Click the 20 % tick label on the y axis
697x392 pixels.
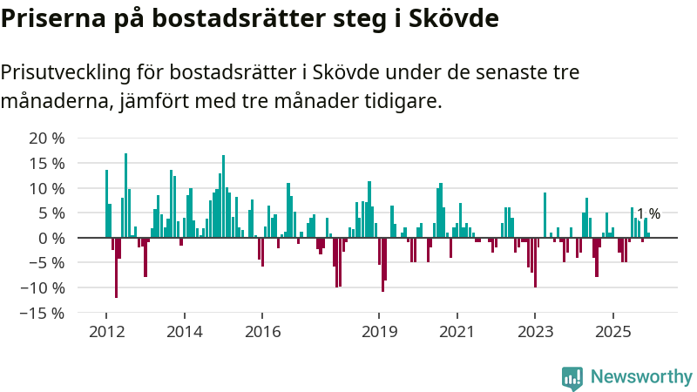point(47,139)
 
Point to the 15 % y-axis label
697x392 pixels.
point(47,164)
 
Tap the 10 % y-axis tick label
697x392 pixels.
point(47,188)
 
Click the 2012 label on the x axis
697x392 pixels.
point(105,332)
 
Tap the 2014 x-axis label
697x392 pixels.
point(184,332)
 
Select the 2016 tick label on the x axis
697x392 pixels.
point(262,332)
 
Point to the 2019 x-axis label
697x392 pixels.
point(379,332)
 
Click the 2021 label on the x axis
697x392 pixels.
point(457,332)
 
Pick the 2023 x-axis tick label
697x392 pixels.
point(535,332)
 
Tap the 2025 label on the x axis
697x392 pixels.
point(612,332)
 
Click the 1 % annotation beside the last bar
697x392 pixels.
point(648,214)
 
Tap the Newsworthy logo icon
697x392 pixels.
point(572,377)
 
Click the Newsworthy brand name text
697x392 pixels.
point(641,377)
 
